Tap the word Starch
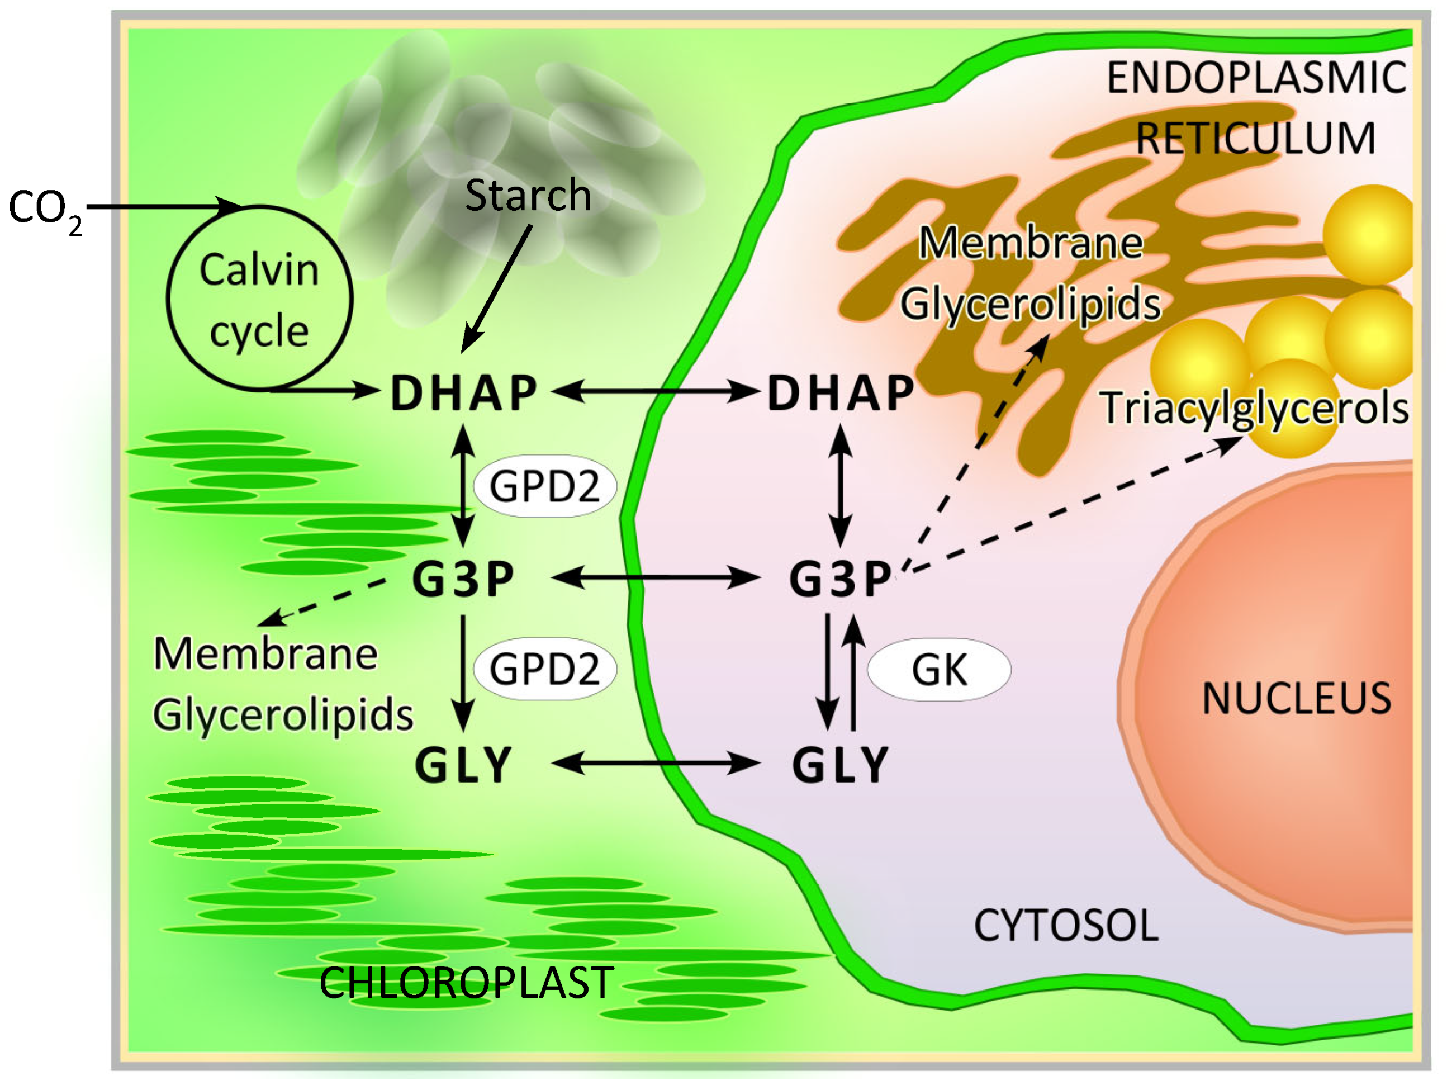pyautogui.click(x=528, y=195)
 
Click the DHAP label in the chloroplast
pyautogui.click(x=464, y=394)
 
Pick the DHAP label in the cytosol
pyautogui.click(x=841, y=394)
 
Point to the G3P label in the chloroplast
pyautogui.click(x=464, y=579)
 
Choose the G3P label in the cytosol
pyautogui.click(x=841, y=579)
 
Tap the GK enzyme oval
pyautogui.click(x=939, y=670)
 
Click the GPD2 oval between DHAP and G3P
pyautogui.click(x=544, y=486)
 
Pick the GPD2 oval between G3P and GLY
pyautogui.click(x=544, y=669)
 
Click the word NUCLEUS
pyautogui.click(x=1297, y=698)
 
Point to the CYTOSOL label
pyautogui.click(x=1066, y=926)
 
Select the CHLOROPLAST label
pyautogui.click(x=467, y=983)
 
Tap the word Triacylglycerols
pyautogui.click(x=1254, y=408)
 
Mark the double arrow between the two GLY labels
pyautogui.click(x=656, y=763)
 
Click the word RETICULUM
pyautogui.click(x=1255, y=138)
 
